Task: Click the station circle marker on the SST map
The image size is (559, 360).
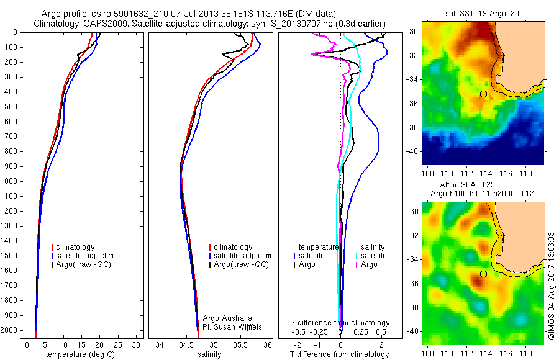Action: click(x=483, y=94)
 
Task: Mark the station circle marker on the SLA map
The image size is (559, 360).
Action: click(x=483, y=274)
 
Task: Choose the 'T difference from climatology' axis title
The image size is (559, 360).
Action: click(x=341, y=354)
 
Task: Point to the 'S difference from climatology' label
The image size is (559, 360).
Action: click(x=340, y=323)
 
